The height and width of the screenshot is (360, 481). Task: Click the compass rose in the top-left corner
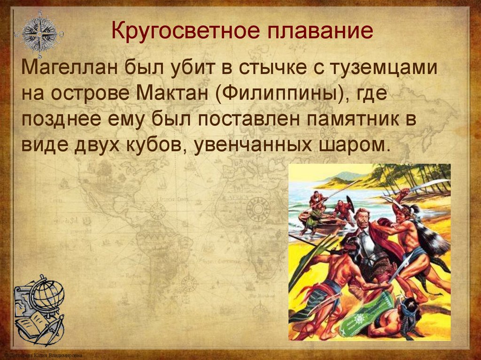tap(39, 33)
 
